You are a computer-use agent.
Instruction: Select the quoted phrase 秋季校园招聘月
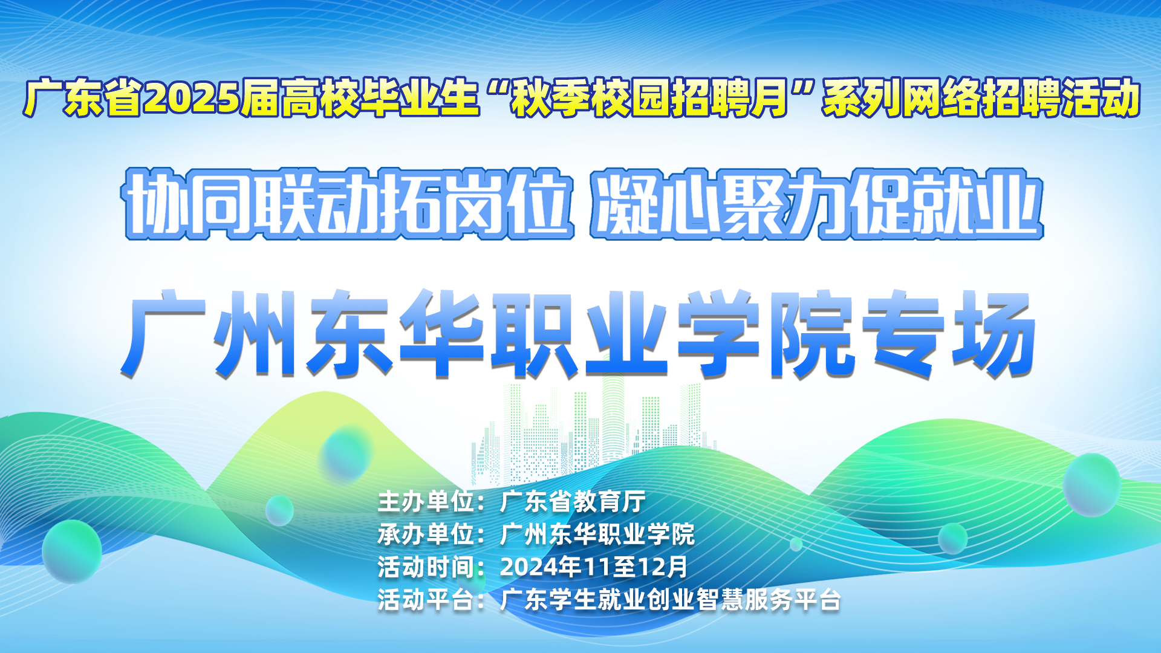[648, 98]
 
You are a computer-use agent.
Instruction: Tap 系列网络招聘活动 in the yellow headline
[981, 98]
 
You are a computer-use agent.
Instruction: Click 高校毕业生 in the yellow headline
[360, 98]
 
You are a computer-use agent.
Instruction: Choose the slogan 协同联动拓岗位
[348, 204]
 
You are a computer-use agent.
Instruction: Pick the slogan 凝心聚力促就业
[816, 204]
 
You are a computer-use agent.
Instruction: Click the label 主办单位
[426, 502]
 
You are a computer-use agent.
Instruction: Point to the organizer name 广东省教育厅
[573, 502]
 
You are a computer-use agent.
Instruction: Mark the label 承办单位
[426, 534]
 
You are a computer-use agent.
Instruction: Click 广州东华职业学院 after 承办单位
[597, 534]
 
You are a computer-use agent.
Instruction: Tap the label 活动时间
[426, 567]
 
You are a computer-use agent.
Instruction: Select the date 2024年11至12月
[594, 567]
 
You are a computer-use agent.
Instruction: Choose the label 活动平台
[426, 600]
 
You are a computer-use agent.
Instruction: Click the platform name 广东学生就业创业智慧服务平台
[671, 600]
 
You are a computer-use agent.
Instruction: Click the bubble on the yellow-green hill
[346, 453]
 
